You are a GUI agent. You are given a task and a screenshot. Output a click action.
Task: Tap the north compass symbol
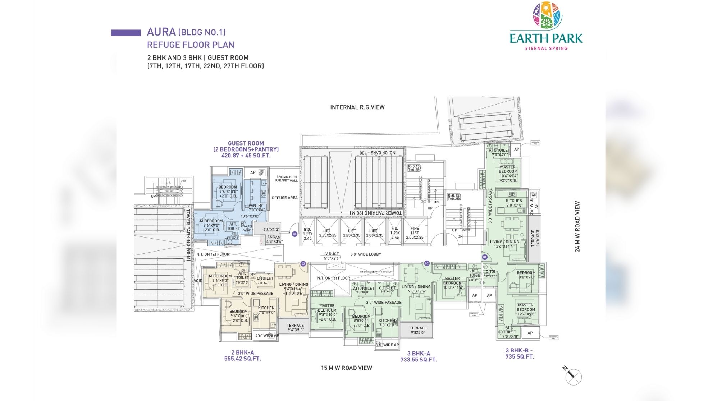click(x=573, y=377)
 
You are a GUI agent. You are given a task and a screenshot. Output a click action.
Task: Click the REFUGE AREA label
click(x=284, y=198)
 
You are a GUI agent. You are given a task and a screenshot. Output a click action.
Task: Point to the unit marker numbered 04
click(x=295, y=234)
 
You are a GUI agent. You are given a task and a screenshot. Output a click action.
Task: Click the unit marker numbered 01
click(x=484, y=257)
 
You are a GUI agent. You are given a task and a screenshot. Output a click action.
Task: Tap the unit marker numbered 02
click(x=427, y=263)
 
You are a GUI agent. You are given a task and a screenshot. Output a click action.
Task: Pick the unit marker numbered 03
click(x=303, y=264)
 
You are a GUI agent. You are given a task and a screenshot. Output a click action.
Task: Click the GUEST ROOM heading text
click(x=246, y=143)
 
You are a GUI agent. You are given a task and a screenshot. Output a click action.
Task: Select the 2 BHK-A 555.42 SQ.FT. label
click(x=243, y=356)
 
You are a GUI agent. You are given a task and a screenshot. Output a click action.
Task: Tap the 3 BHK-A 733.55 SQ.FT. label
click(x=419, y=356)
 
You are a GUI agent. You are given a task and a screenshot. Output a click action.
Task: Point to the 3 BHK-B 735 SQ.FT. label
click(x=520, y=354)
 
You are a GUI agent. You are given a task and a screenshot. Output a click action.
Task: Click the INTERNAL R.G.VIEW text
click(x=357, y=107)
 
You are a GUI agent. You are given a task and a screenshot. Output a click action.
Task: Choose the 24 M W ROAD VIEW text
click(x=577, y=226)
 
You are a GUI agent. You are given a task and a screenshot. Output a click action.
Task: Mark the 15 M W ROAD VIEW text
click(x=346, y=368)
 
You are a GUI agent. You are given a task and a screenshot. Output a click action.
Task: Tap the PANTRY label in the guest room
click(x=256, y=206)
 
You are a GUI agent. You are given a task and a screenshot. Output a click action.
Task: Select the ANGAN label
click(x=274, y=237)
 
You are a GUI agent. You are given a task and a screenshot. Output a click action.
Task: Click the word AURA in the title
click(x=161, y=32)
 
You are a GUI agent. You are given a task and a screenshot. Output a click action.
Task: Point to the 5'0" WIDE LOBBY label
click(x=366, y=254)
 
